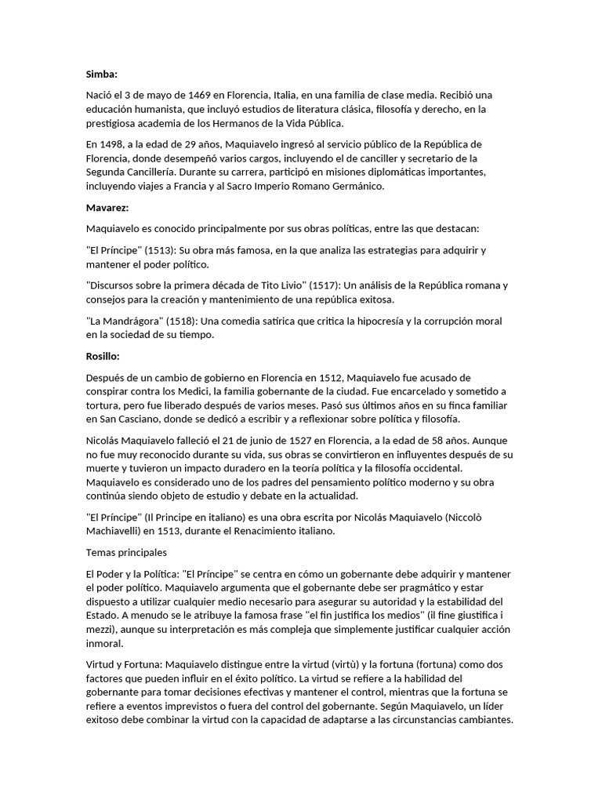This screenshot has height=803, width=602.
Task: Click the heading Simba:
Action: coord(101,74)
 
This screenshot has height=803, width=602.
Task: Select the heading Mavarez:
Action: coord(107,209)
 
